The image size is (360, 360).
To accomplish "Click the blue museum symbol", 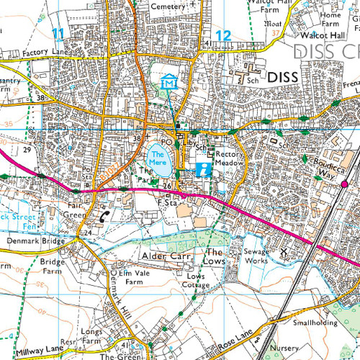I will (169, 81).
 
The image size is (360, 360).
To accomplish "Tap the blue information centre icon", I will (204, 170).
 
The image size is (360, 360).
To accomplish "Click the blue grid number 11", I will (58, 34).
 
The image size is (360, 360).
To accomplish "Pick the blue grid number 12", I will (224, 34).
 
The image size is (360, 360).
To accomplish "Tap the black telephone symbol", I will (106, 215).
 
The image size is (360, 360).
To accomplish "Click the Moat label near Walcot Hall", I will (274, 24).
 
